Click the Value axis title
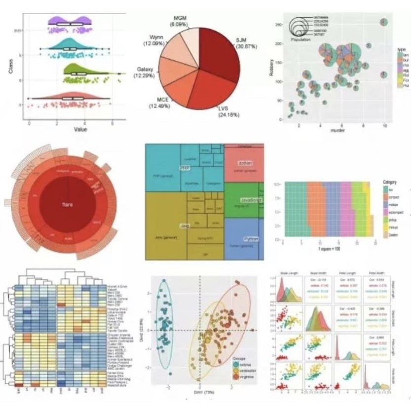point(80,129)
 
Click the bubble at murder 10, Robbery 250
point(383,22)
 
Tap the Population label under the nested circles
point(300,38)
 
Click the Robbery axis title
point(272,68)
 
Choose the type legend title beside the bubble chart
point(400,50)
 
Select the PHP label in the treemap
point(185,168)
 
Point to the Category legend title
point(391,182)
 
